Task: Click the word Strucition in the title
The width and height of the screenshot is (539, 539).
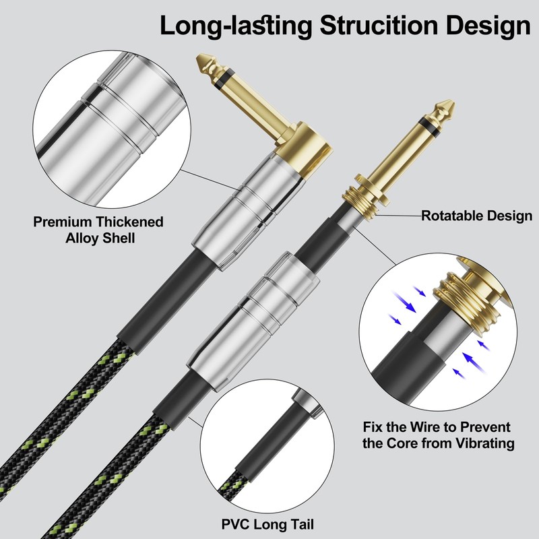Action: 379,26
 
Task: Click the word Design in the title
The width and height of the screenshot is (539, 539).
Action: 488,26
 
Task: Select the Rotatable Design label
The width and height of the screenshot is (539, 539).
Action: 476,216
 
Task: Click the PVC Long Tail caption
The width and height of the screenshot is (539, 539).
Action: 267,524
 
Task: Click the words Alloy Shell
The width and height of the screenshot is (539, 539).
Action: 100,239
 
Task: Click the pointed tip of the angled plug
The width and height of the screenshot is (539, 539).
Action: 197,57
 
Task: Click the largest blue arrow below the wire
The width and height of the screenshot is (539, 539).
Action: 473,362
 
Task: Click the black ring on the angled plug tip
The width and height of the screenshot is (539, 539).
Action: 226,77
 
